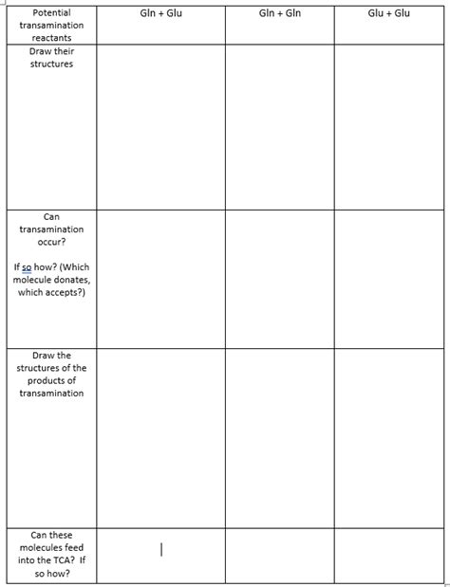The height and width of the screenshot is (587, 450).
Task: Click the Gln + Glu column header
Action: point(160,14)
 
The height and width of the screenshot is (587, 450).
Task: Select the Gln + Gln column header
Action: point(279,14)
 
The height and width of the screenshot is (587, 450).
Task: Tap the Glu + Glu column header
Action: point(388,14)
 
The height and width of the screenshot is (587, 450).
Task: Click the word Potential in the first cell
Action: point(51,13)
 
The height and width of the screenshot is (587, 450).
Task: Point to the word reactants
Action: point(51,38)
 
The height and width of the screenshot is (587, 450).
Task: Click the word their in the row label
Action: point(64,51)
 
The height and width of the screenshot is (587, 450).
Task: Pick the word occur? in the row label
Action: point(51,242)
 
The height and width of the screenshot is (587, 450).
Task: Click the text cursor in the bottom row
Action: point(162,549)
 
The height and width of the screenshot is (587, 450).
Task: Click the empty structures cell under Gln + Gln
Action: point(279,127)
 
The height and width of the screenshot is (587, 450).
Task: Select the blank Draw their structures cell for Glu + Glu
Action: point(389,127)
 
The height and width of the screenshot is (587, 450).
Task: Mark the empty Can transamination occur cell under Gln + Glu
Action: point(160,279)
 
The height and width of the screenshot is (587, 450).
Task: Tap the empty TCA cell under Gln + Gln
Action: point(279,556)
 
